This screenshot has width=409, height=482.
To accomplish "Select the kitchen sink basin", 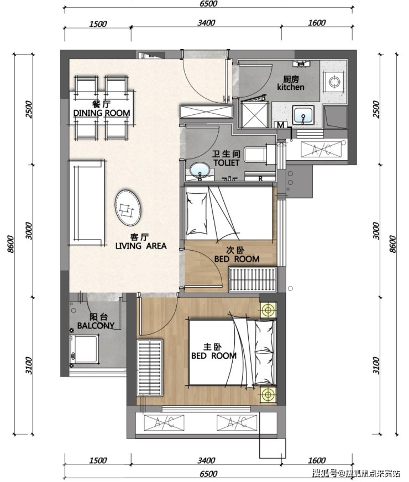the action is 303,115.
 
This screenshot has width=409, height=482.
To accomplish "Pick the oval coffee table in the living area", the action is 128,208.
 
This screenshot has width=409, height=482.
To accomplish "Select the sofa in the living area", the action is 87,202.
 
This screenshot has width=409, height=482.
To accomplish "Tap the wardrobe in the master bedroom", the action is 150,368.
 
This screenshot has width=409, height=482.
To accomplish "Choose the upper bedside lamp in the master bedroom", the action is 268,310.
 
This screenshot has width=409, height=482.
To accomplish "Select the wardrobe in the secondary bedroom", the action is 253,279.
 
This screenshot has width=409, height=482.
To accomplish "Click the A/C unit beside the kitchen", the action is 321,150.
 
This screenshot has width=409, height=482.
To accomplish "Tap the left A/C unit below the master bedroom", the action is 164,423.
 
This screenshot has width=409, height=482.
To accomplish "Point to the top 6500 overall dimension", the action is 208,4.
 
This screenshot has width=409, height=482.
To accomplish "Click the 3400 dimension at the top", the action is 206,23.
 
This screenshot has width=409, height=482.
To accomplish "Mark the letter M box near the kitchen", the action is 281,125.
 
